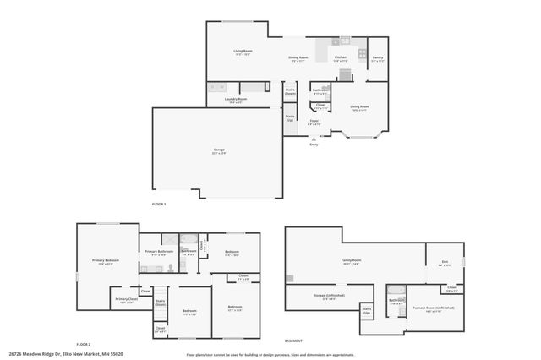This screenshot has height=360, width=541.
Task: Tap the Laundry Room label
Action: click(x=236, y=100)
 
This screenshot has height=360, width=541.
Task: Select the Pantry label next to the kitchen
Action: click(x=377, y=58)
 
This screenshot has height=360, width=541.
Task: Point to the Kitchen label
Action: click(x=340, y=58)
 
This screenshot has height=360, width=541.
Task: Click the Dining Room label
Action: click(x=298, y=58)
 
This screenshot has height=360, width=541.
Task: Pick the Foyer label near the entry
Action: click(x=313, y=123)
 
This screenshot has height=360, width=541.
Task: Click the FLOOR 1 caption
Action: click(x=159, y=205)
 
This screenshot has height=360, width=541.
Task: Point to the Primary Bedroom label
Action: click(x=106, y=263)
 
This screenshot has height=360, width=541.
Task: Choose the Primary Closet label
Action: click(x=126, y=300)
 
